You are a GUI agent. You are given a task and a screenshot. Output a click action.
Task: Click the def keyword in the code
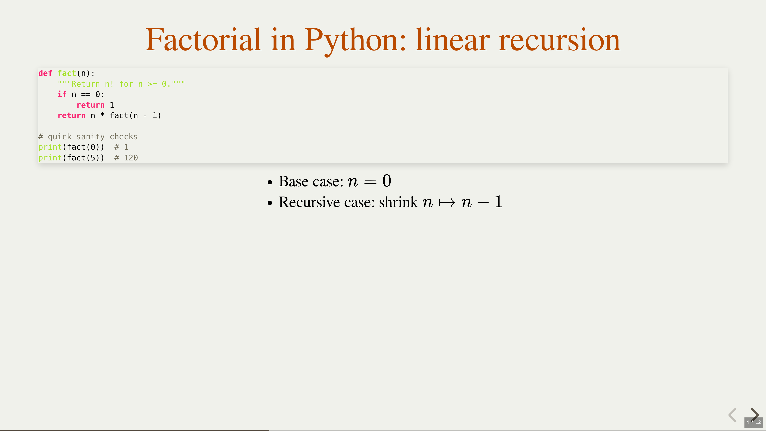45,73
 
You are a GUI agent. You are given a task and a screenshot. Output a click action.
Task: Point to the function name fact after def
67,73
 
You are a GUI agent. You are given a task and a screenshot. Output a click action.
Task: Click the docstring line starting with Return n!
121,84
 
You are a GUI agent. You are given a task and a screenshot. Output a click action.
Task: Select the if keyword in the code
62,94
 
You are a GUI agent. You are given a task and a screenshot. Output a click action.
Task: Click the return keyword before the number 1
90,105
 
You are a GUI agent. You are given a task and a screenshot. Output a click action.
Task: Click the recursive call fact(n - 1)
135,115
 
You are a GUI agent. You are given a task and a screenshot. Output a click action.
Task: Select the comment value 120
131,158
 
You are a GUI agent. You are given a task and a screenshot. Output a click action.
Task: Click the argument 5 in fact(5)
93,158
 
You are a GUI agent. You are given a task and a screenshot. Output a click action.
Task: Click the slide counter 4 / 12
753,422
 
